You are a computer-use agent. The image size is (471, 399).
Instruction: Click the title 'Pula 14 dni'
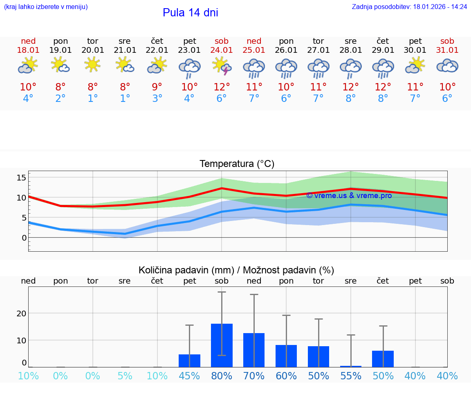coord(190,13)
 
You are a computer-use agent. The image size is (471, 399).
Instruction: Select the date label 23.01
coord(189,50)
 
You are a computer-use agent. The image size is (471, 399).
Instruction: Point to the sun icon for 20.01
coord(93,64)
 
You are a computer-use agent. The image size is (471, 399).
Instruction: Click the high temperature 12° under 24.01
coord(222,87)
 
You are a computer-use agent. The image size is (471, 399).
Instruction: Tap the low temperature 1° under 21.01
coord(125,99)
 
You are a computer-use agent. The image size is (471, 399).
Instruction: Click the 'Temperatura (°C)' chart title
coord(237,164)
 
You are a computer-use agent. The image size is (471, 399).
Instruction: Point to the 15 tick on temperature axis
coord(21,178)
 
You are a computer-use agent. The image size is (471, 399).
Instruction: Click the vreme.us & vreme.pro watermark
coord(349,196)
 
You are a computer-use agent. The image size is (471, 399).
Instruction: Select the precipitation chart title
coord(236,270)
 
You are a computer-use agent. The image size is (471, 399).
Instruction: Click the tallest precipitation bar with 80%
coord(222,345)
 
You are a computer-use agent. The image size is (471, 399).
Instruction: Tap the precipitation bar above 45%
coord(189,361)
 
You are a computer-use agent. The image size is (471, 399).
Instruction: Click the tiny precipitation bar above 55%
coord(351,366)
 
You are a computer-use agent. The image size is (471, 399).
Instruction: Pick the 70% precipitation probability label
coord(254,376)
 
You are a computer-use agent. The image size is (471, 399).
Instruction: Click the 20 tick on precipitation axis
coord(21,313)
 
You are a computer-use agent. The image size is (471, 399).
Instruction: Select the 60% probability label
coord(286,376)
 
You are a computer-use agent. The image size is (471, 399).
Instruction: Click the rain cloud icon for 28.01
coord(350,67)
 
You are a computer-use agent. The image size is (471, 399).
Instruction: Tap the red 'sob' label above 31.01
coord(447,41)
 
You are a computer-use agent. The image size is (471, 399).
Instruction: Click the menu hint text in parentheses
coord(46,7)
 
